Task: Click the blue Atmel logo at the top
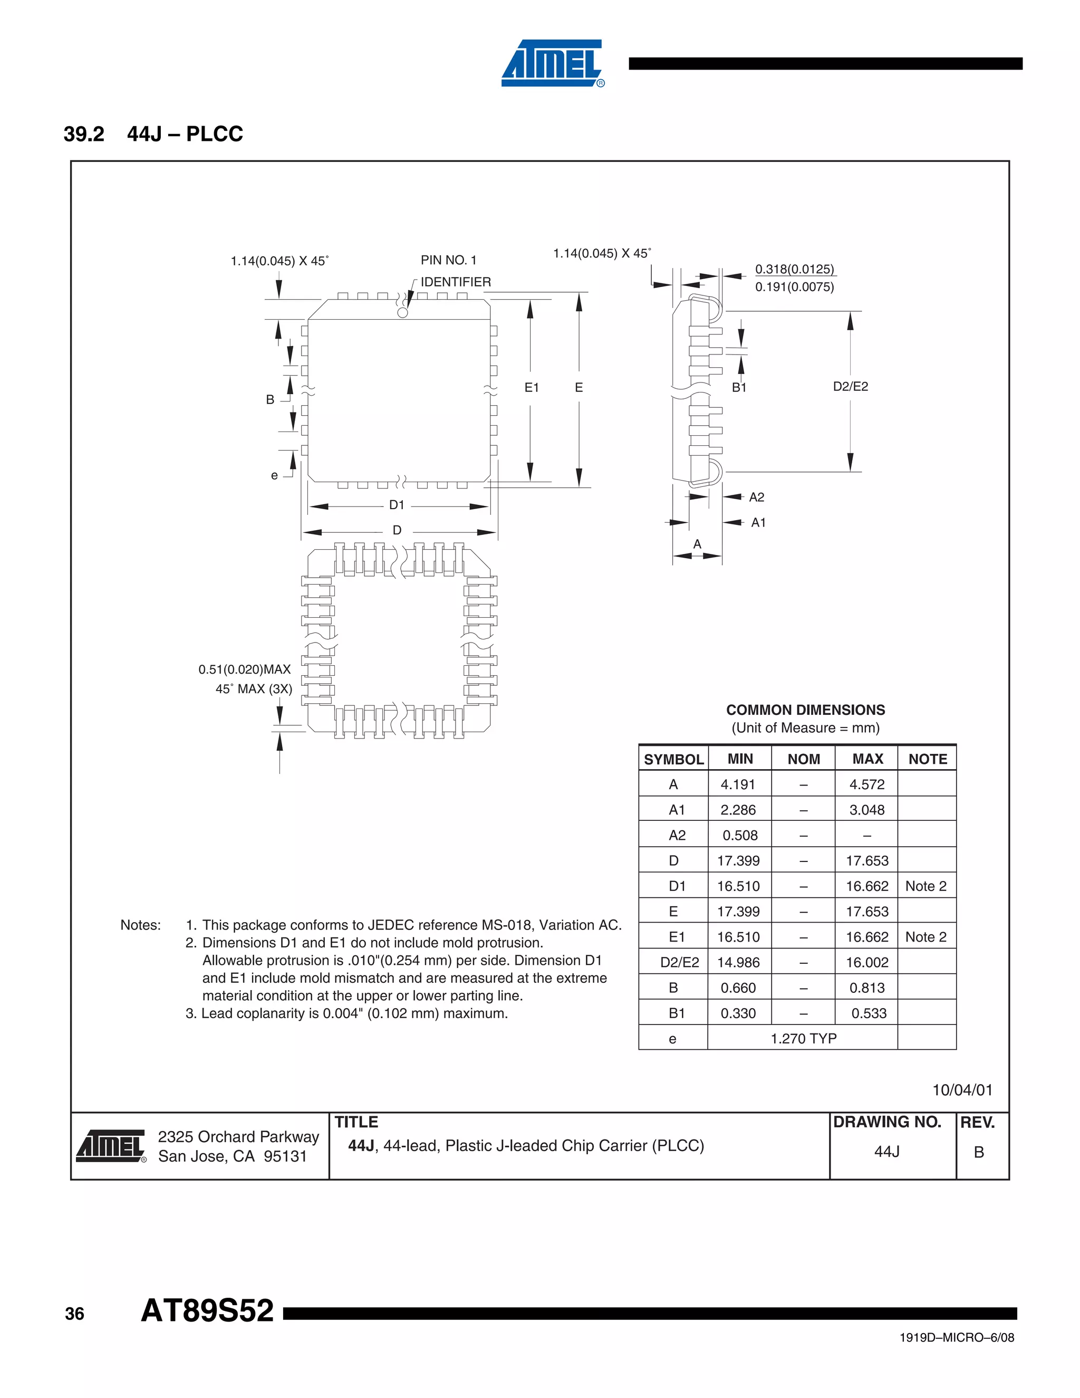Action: coord(552,63)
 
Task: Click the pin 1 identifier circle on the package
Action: coord(402,312)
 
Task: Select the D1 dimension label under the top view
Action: coord(397,505)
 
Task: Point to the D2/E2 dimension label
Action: coord(850,386)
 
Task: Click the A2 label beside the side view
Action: coord(756,497)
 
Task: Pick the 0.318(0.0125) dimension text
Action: coord(795,269)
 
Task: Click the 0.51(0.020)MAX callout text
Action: coord(244,669)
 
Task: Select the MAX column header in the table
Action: coord(867,759)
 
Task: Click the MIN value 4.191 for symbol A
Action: coord(738,785)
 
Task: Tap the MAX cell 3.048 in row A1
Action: coord(867,810)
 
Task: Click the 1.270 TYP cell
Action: coord(803,1038)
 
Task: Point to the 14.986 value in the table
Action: coord(738,962)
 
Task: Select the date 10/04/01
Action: coord(962,1090)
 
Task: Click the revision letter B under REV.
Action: coord(978,1152)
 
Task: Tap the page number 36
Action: coord(74,1314)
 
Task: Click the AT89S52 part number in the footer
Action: coord(207,1311)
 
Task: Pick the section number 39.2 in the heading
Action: coord(84,134)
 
